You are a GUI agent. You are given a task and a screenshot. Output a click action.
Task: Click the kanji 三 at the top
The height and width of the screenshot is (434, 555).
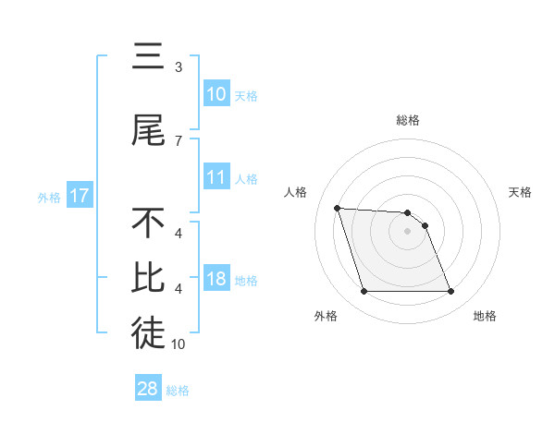[x=148, y=57]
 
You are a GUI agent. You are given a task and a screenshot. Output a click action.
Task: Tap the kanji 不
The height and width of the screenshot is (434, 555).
[x=148, y=223]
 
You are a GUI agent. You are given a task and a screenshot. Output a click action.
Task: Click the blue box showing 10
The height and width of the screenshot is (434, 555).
[x=216, y=94]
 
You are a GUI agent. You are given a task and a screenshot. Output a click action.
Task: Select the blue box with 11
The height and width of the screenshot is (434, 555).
[x=216, y=178]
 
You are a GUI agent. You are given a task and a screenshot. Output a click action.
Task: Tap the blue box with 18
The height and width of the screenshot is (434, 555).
[x=216, y=280]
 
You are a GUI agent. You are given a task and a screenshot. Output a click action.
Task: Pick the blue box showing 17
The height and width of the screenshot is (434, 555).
[x=79, y=196]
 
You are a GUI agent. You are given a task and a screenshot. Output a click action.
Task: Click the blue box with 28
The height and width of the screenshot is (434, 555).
[x=148, y=389]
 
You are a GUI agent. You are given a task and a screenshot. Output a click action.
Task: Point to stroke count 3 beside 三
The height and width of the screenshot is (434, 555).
[x=179, y=67]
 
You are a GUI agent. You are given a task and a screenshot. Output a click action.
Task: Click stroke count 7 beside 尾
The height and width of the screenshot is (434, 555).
[x=179, y=141]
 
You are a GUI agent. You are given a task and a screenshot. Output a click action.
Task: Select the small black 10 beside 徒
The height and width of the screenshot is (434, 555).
[x=179, y=344]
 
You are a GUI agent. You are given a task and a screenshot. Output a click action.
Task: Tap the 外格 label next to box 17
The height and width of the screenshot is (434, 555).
[x=49, y=197]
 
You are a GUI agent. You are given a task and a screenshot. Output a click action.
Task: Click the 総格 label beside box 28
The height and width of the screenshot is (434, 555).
[x=178, y=391]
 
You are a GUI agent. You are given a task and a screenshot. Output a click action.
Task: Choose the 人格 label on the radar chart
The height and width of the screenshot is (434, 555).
[x=296, y=192]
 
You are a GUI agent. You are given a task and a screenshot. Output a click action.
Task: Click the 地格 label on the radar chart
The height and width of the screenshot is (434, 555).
[x=485, y=316]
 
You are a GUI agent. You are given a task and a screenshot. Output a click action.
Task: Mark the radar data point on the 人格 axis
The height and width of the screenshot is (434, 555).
[x=338, y=208]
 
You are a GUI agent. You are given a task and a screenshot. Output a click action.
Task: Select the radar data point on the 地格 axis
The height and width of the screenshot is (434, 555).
[x=450, y=292]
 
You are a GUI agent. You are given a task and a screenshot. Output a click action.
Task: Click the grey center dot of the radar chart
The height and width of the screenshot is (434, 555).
[x=407, y=231]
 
